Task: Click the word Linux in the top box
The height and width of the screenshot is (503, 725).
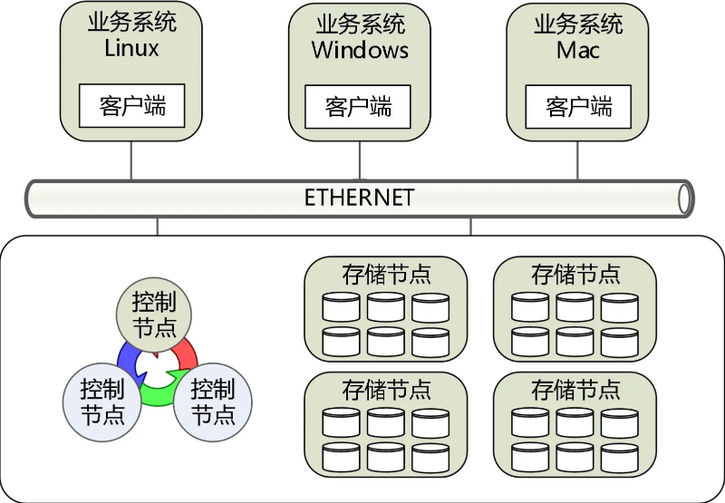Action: coord(131,48)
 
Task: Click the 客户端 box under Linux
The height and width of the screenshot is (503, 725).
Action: coord(132,106)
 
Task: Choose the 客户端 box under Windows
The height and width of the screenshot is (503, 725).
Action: coord(358,107)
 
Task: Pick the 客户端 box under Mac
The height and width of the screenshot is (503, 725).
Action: coord(579,107)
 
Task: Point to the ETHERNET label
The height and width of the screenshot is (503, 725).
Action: coord(359,197)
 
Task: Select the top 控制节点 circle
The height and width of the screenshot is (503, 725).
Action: coord(153,314)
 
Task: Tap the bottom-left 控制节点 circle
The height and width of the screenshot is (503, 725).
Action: coord(101,401)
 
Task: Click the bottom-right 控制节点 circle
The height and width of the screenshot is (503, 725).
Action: coord(213,401)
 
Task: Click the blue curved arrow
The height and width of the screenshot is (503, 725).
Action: coord(125,357)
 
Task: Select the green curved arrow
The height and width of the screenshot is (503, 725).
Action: coord(158,395)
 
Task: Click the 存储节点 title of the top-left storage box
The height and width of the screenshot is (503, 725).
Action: coord(386,274)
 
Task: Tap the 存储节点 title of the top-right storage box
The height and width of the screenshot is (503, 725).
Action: coord(575,274)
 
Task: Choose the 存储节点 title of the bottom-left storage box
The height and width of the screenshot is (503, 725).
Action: coord(386,390)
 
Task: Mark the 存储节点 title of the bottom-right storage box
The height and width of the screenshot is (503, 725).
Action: coord(575,390)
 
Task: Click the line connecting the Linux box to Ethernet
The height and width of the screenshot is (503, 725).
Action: coord(132,160)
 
